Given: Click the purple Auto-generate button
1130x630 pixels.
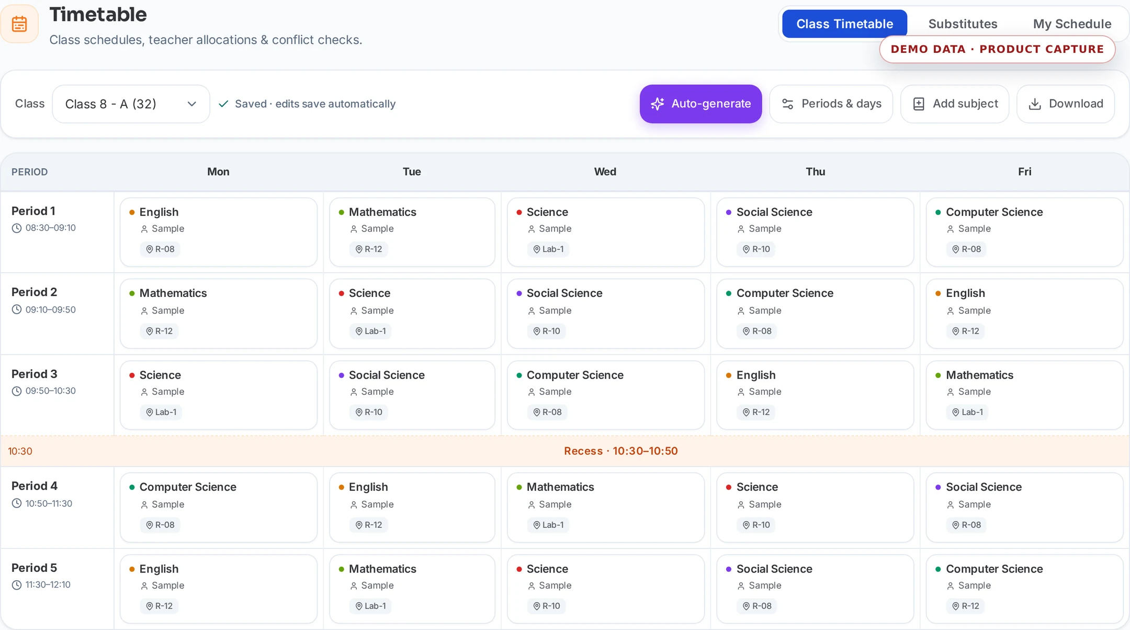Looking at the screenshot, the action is tap(700, 104).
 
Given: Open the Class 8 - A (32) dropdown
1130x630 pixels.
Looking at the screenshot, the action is tap(131, 104).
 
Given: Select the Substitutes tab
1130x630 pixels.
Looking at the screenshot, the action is tap(963, 24).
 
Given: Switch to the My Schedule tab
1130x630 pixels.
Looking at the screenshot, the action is tap(1072, 24).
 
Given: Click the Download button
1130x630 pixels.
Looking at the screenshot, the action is tap(1066, 104).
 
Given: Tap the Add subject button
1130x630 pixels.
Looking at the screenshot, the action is tap(955, 104).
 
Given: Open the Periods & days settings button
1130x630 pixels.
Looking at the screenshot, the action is tap(831, 104).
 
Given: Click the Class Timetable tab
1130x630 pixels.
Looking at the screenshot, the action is tap(844, 24).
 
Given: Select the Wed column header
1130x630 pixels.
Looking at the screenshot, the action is tap(605, 172).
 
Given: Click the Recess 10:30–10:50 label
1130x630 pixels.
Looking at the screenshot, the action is tap(621, 451).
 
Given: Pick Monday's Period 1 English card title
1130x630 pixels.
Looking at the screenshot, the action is tap(159, 212).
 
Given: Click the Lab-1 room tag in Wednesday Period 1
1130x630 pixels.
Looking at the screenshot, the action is tap(548, 249).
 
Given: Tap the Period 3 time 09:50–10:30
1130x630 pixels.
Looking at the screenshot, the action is tap(51, 391).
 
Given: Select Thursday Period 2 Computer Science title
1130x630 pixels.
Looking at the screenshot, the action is tap(785, 293).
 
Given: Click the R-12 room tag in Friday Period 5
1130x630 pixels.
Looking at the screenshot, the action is tap(965, 606).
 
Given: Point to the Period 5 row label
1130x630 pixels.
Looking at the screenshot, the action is tap(34, 568).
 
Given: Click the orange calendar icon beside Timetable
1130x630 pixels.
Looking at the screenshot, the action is tap(19, 24).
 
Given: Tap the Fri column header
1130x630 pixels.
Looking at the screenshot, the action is tap(1024, 172).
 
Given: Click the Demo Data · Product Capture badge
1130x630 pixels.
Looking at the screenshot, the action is tap(997, 49).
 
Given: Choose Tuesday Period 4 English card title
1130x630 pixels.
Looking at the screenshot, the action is tap(368, 487).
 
